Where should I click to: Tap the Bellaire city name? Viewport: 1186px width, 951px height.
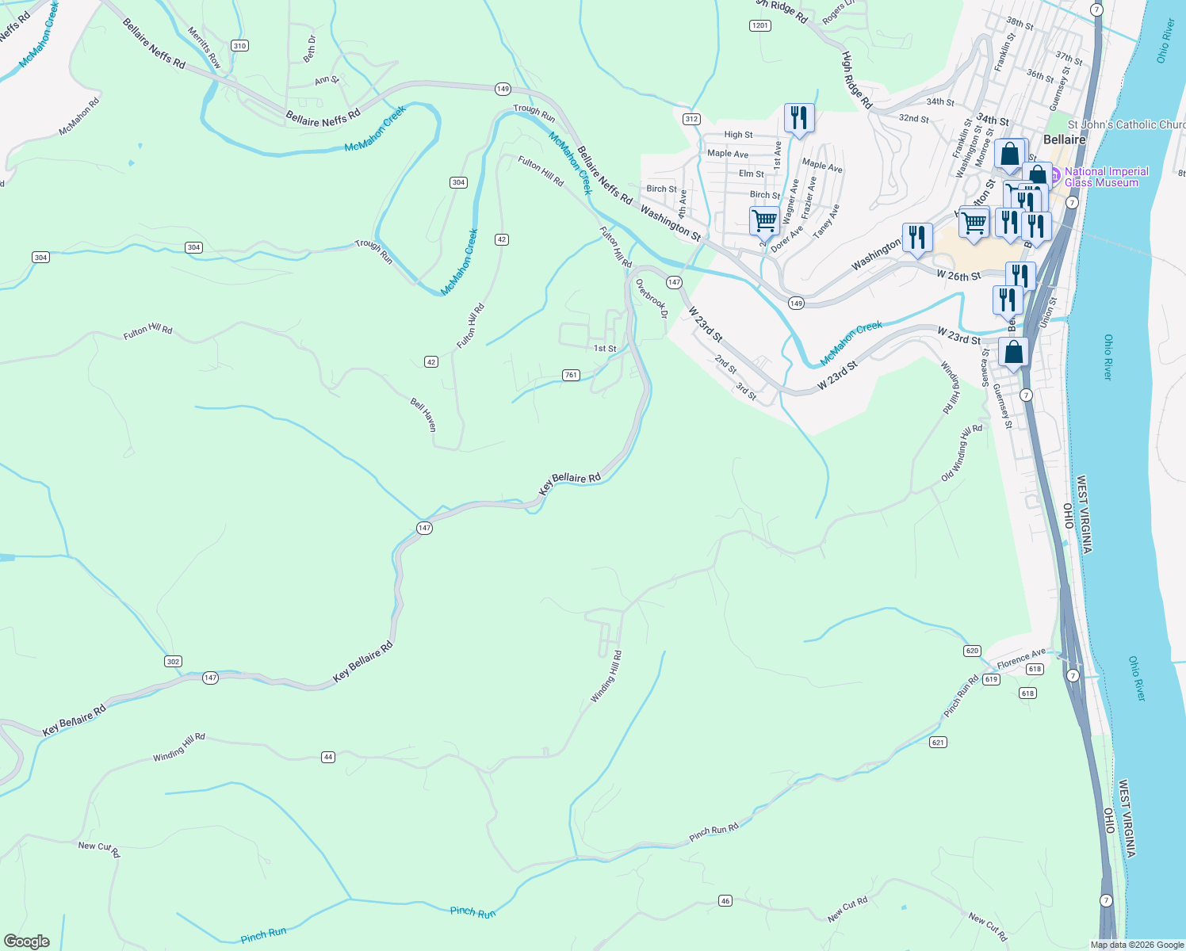(x=1064, y=139)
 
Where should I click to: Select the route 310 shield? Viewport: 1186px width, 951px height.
(x=239, y=46)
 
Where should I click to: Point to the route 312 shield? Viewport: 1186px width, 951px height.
(x=691, y=119)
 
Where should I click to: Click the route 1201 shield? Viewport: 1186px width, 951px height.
(x=759, y=25)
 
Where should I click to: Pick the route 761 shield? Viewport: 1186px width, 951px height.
(x=571, y=375)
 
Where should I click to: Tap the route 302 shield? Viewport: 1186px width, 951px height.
(x=174, y=662)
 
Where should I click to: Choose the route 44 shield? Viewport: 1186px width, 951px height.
(x=328, y=758)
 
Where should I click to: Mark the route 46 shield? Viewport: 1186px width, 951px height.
(x=725, y=900)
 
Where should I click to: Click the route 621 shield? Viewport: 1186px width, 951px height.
(x=938, y=742)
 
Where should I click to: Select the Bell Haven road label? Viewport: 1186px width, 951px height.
(x=423, y=414)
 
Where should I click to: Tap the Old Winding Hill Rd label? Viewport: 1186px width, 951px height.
(x=962, y=453)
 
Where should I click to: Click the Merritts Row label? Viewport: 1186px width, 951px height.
(x=204, y=48)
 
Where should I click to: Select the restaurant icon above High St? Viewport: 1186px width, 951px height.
(x=798, y=118)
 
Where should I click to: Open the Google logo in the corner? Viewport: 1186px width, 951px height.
(x=26, y=941)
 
